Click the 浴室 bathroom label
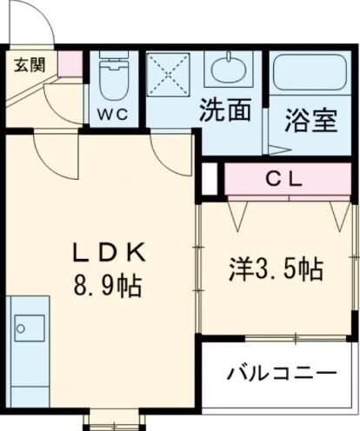310,120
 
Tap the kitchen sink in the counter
29,328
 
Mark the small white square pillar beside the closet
209,178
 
